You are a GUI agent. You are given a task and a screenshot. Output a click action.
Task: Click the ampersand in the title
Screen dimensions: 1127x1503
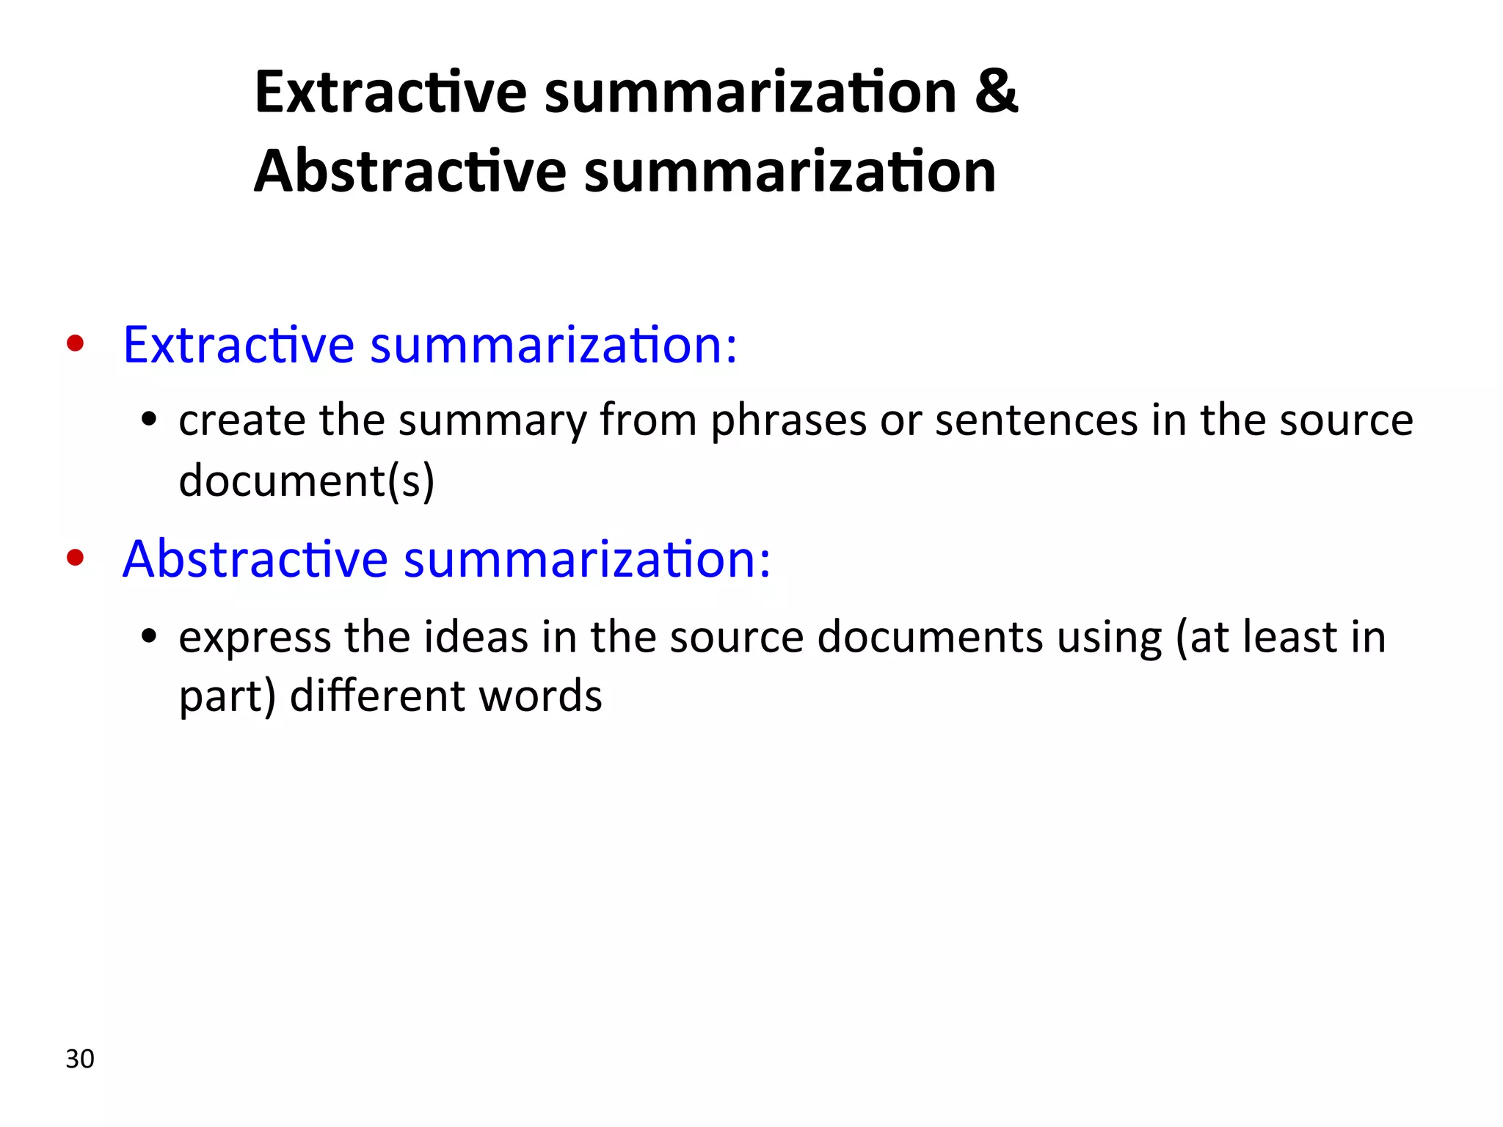click(x=996, y=92)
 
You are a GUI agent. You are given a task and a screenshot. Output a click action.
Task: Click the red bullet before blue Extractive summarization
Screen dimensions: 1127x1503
click(x=75, y=343)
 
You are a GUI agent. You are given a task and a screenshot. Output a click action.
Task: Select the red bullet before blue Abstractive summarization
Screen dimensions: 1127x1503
click(x=75, y=558)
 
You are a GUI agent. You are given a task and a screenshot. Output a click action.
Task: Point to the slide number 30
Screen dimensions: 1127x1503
click(x=80, y=1059)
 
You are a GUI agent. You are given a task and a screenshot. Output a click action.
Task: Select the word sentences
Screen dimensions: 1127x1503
click(x=1036, y=420)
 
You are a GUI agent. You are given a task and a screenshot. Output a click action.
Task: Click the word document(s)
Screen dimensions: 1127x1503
click(x=307, y=481)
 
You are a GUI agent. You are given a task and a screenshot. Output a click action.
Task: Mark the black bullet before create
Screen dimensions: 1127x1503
click(x=150, y=420)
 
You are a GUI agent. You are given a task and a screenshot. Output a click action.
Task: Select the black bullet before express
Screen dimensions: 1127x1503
click(x=150, y=636)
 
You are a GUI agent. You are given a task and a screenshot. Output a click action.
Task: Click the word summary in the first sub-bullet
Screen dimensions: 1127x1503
click(x=492, y=422)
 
